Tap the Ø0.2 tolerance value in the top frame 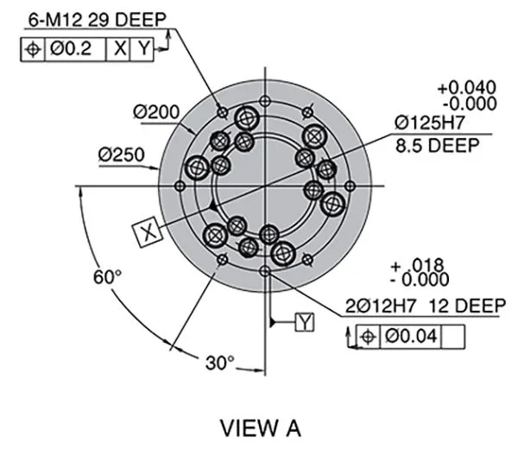pos(74,48)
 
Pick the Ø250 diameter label pos(121,155)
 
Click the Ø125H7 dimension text pos(437,123)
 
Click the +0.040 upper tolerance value pos(467,87)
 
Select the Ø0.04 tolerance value pos(411,336)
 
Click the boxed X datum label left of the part pos(148,231)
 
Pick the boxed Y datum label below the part pos(306,322)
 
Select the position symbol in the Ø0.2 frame pos(33,48)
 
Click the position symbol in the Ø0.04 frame pos(367,336)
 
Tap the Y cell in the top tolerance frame pos(143,48)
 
